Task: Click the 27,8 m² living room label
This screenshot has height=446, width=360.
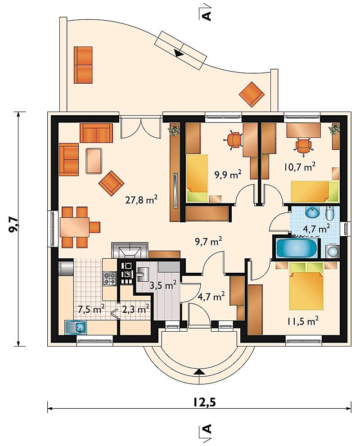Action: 141,200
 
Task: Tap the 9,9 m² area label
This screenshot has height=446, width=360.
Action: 228,174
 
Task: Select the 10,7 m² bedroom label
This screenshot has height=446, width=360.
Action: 300,167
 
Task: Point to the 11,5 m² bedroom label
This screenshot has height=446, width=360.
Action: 302,321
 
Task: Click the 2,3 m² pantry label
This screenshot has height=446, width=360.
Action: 135,309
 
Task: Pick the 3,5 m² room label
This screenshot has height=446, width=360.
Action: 163,285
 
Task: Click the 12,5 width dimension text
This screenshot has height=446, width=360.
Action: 205,402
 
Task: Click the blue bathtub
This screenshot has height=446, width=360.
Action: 296,248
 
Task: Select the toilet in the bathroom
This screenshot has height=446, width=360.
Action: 329,214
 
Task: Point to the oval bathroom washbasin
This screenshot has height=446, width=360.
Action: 312,212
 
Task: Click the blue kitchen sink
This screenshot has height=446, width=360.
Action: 76,327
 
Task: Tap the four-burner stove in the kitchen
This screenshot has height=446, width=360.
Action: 110,279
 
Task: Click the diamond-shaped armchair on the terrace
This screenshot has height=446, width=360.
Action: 252,95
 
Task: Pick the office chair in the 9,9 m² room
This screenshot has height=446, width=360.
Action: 234,140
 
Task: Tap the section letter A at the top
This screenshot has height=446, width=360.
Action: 207,16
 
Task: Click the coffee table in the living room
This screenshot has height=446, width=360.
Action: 94,161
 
